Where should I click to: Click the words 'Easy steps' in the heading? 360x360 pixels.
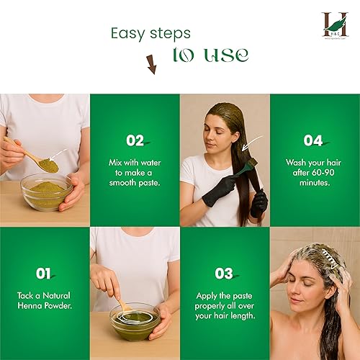point(150,33)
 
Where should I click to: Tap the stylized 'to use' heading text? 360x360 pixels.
point(210,55)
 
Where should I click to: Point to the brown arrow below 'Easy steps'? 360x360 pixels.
point(151,65)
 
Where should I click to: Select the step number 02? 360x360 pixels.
point(135,141)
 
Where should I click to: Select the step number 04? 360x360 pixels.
point(314,141)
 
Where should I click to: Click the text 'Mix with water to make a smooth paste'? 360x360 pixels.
point(135,174)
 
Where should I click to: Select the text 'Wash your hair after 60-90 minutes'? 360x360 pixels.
point(314,173)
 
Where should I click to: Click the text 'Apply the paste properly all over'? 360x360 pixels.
point(224,307)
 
